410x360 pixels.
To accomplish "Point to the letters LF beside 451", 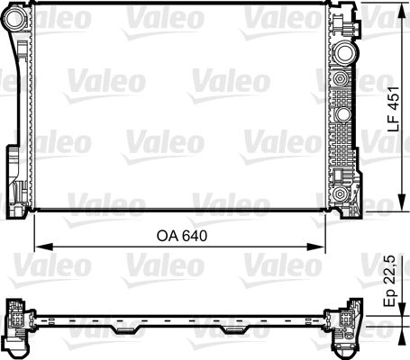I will point(393,122).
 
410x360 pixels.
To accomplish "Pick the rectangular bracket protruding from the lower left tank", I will point(13,166).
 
